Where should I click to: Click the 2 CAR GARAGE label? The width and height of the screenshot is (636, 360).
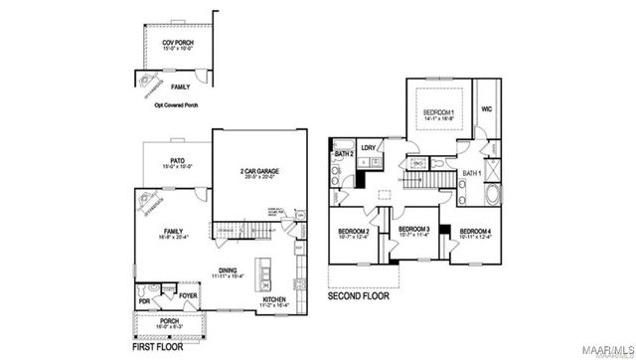[x=258, y=171]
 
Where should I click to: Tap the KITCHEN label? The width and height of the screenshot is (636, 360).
[x=275, y=297]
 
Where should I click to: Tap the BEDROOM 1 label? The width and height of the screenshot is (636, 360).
[x=438, y=111]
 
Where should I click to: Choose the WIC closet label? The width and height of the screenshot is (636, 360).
[x=487, y=109]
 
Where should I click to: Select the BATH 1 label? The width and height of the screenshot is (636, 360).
[x=472, y=174]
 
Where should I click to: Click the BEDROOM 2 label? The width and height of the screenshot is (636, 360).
[x=355, y=233]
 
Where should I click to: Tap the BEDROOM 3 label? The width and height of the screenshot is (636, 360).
[x=412, y=230]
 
